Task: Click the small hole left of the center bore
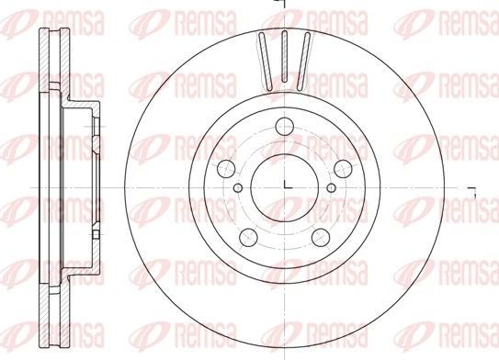pos(238,187)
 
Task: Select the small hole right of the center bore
pos(331,187)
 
